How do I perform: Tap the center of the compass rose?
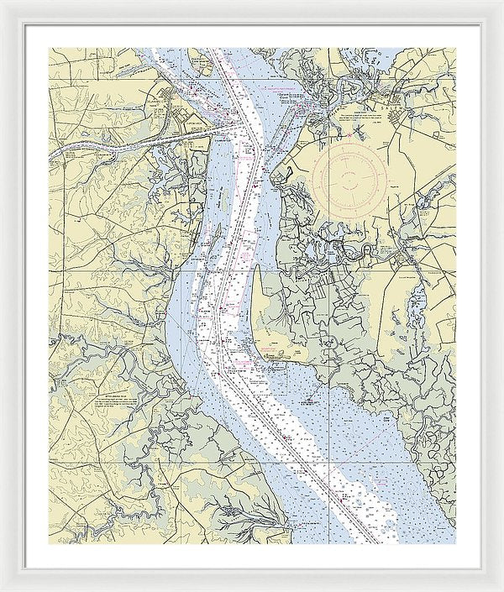point(350,176)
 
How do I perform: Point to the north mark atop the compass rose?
point(350,139)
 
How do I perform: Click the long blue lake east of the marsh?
point(415,306)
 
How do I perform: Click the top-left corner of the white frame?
point(2,2)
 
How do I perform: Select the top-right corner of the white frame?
point(501,2)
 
